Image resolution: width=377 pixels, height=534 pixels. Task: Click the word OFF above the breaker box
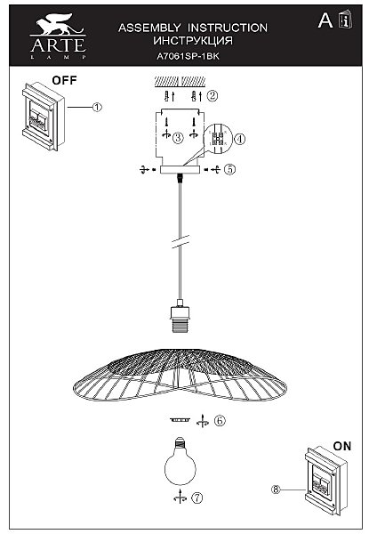click(x=64, y=80)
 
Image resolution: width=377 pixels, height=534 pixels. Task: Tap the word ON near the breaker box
click(x=342, y=446)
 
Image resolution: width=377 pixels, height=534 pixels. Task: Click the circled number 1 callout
click(x=97, y=108)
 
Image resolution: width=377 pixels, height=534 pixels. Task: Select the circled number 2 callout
click(x=213, y=96)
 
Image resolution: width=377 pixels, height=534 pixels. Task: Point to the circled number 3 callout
click(x=178, y=138)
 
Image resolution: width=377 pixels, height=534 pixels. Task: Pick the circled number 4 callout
click(x=240, y=139)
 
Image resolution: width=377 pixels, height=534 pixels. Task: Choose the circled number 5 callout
click(x=230, y=169)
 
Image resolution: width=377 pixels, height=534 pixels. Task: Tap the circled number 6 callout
click(x=220, y=421)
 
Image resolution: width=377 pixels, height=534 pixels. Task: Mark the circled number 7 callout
click(x=197, y=498)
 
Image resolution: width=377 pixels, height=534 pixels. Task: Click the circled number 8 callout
click(x=276, y=489)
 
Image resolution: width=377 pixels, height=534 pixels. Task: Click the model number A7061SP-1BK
click(x=188, y=56)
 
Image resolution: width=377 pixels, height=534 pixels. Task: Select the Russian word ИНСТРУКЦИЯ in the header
click(x=193, y=41)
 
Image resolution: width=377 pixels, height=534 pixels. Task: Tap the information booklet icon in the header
click(x=345, y=20)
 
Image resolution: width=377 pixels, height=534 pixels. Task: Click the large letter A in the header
click(x=325, y=20)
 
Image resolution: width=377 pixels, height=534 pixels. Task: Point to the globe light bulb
click(x=180, y=461)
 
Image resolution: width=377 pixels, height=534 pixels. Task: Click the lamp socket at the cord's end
click(x=180, y=316)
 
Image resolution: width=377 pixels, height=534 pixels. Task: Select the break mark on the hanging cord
click(x=180, y=241)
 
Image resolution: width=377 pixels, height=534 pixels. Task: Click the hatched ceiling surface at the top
click(x=180, y=81)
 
